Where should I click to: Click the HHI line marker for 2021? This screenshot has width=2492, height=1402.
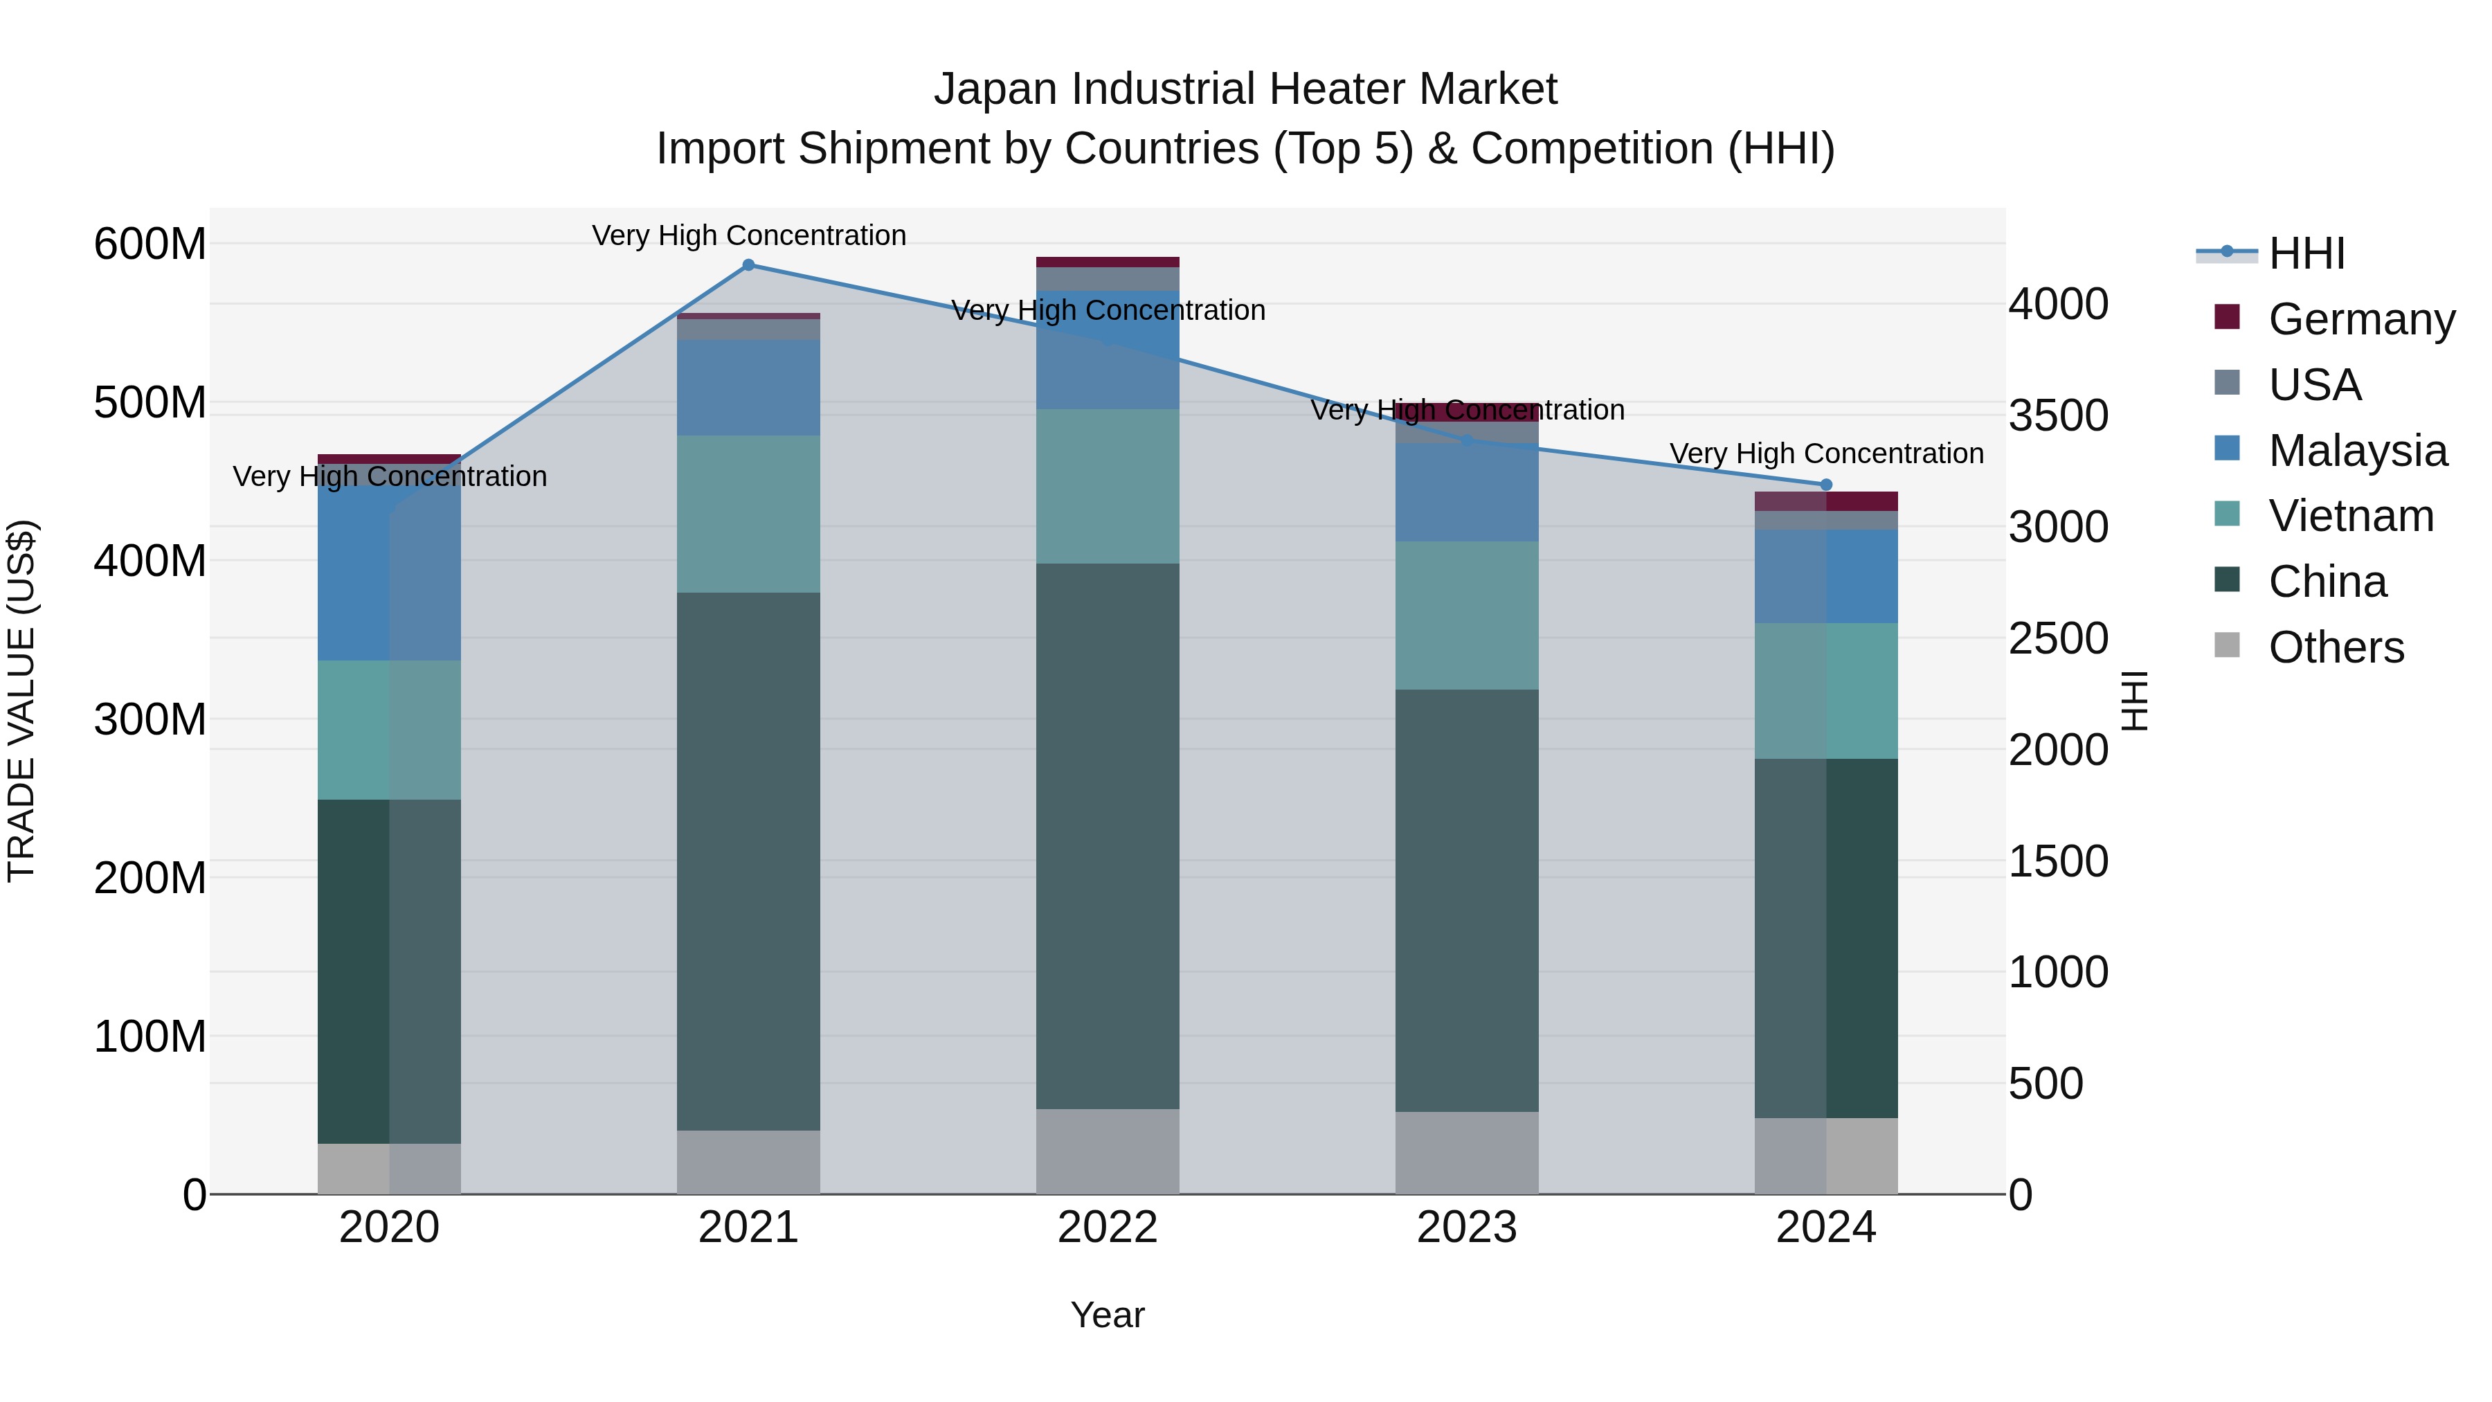tap(748, 265)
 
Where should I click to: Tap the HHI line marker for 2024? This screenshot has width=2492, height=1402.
tap(1825, 485)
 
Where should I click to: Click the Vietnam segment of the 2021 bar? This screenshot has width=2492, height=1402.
tap(748, 514)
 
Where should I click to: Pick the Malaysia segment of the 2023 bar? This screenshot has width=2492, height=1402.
tap(1467, 492)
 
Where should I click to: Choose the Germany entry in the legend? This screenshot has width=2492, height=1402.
tap(2360, 319)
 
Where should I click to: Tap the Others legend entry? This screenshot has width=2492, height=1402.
tap(2336, 647)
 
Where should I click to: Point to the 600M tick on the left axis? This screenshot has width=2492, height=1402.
tap(150, 244)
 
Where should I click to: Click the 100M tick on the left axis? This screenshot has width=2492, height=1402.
tap(150, 1036)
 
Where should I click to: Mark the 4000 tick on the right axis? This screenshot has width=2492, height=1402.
tap(2058, 304)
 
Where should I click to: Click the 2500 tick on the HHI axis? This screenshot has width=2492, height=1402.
tap(2058, 638)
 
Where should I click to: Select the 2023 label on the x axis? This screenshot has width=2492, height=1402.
tap(1467, 1228)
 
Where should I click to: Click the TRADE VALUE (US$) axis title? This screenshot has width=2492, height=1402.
tap(21, 701)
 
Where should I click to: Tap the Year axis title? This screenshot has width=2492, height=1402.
tap(1108, 1315)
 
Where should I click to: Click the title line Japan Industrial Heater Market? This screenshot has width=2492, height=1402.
tap(1245, 89)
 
